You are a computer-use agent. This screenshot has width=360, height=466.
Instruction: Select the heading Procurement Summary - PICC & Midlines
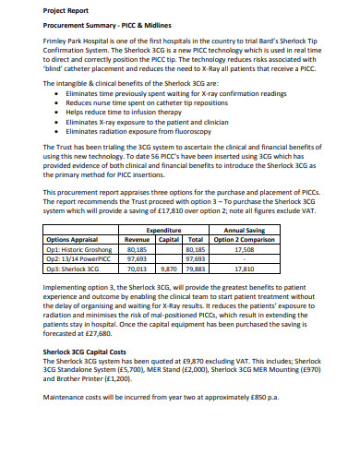point(108,28)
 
